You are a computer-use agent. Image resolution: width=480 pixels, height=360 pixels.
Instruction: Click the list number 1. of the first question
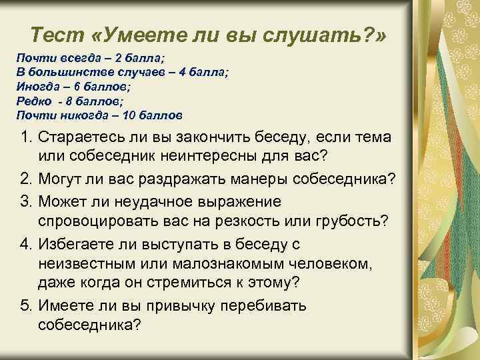pos(23,138)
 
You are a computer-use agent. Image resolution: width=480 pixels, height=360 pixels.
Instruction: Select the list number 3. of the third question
pos(23,201)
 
